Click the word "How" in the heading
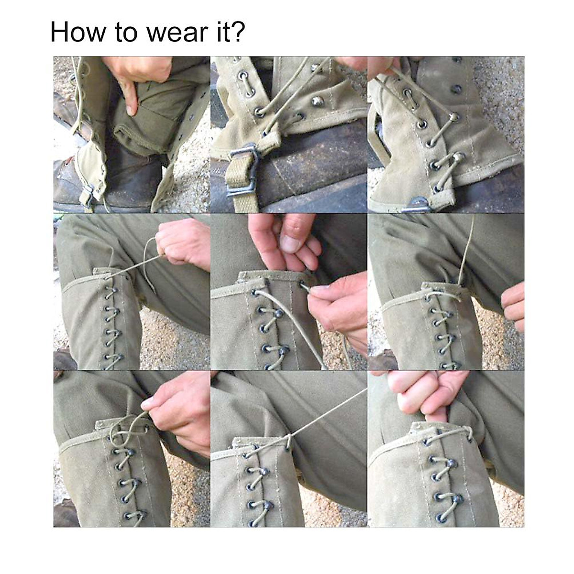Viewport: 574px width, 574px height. pyautogui.click(x=78, y=32)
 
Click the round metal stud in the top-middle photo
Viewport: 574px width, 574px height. pyautogui.click(x=316, y=101)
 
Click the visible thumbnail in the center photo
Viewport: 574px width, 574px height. pyautogui.click(x=290, y=243)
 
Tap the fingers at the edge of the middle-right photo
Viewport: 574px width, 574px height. pyautogui.click(x=514, y=306)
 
